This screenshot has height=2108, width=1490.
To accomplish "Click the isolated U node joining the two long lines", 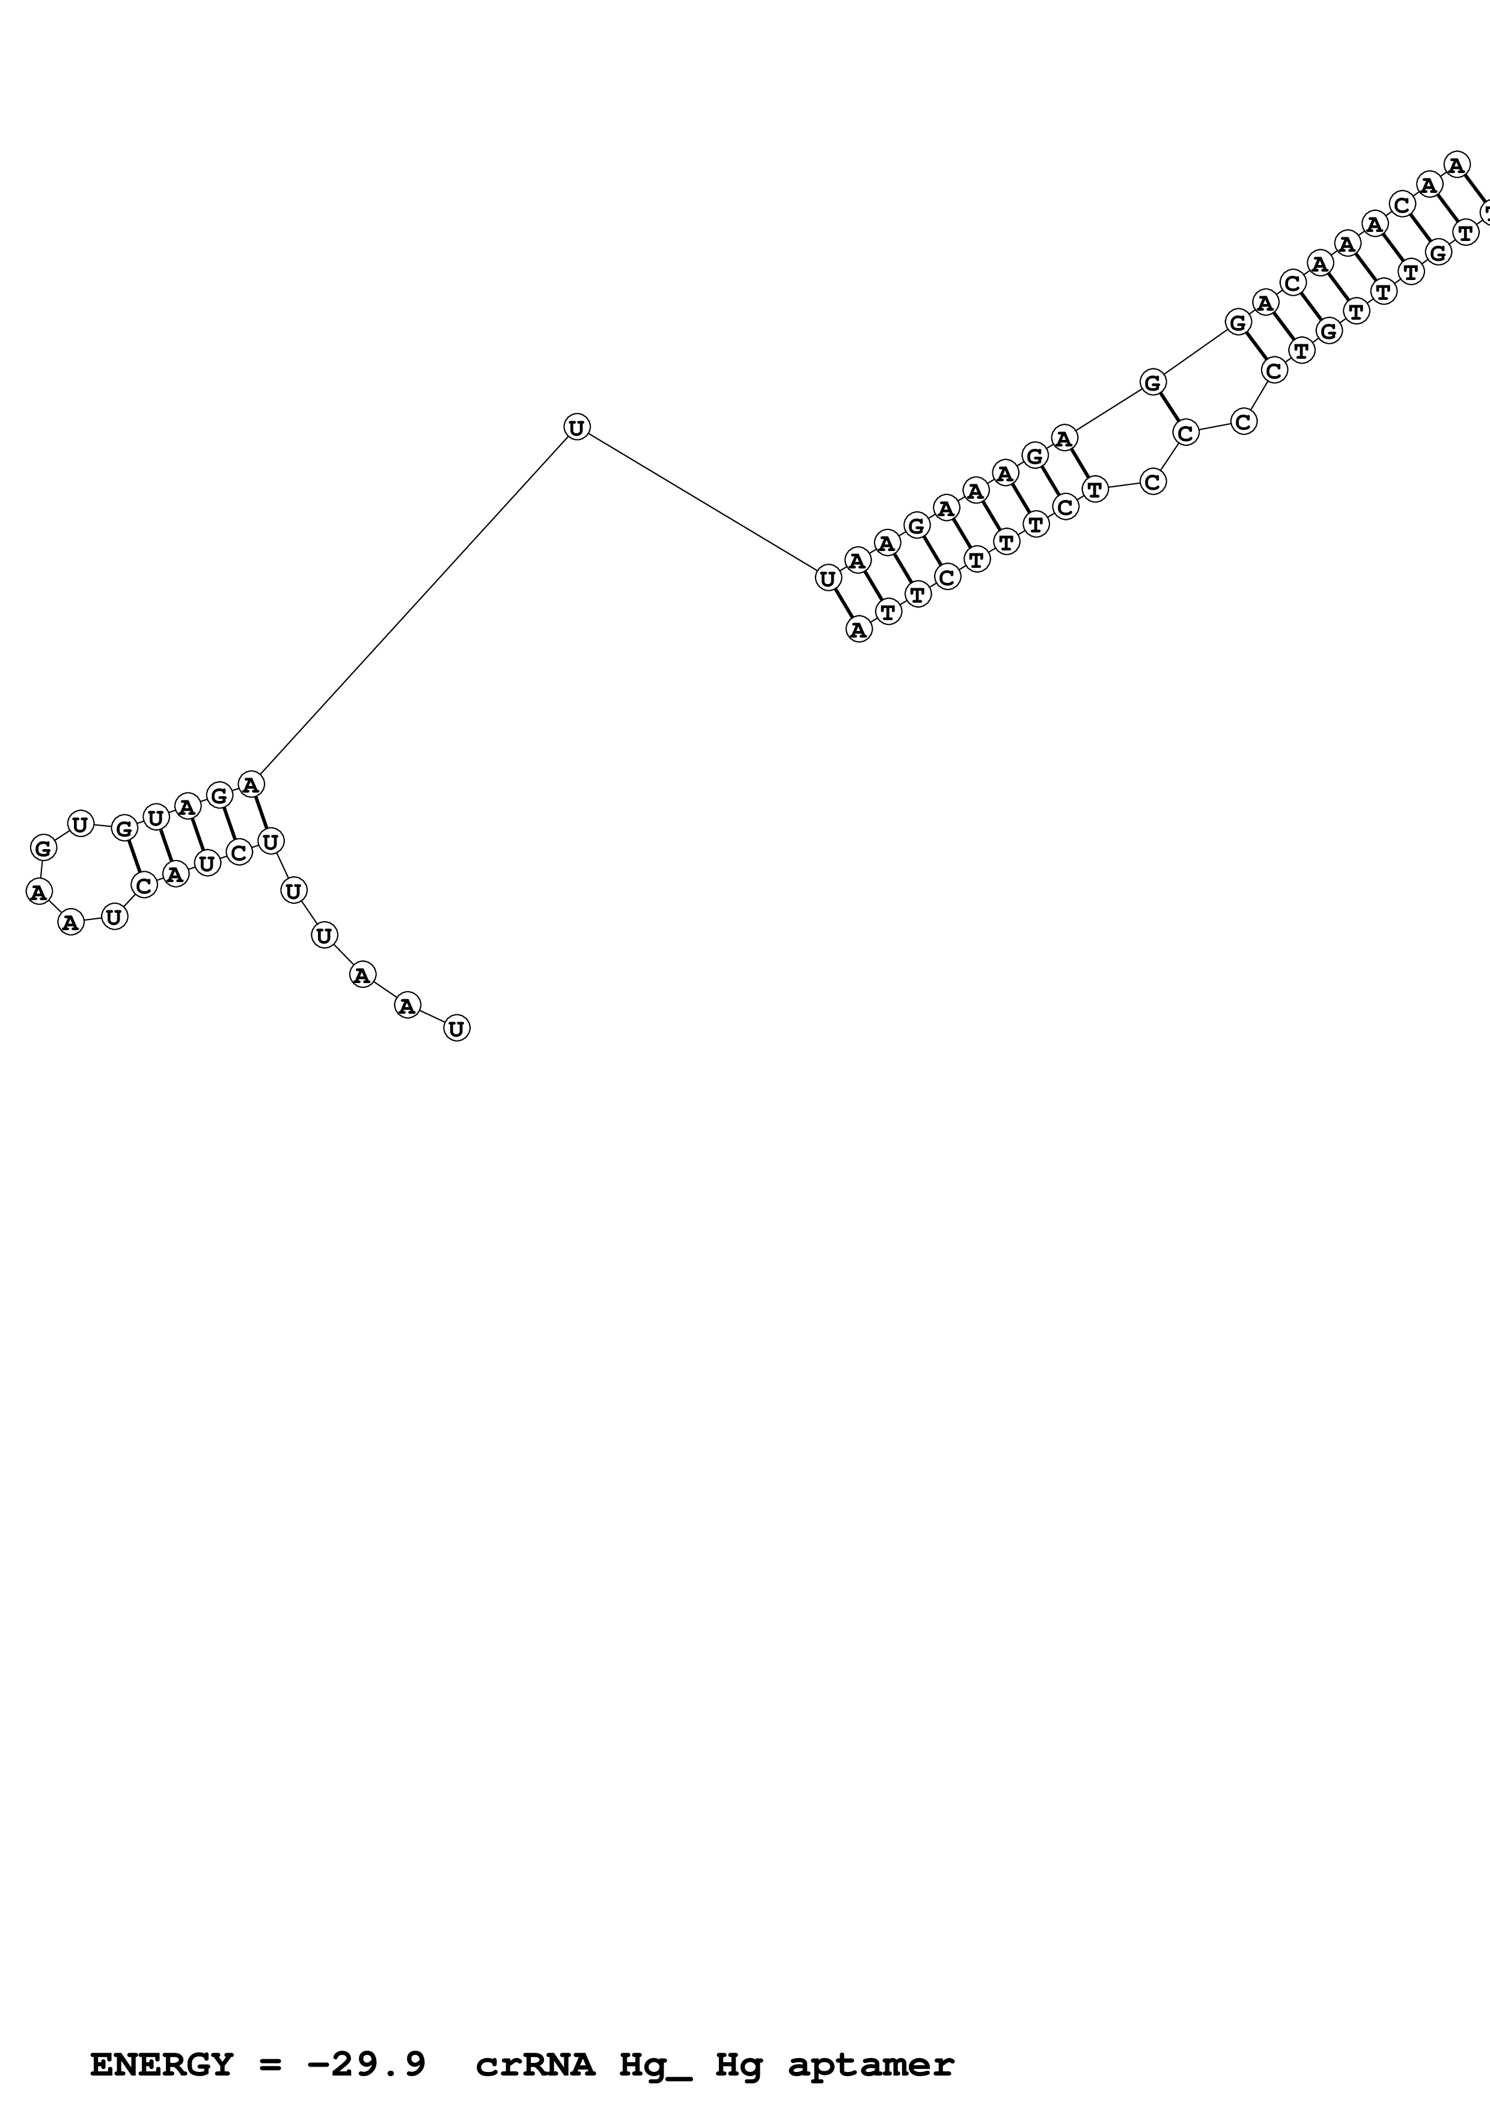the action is click(576, 427).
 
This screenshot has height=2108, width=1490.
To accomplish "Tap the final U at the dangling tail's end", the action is click(456, 1028).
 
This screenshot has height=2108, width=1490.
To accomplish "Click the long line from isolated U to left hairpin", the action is click(413, 606).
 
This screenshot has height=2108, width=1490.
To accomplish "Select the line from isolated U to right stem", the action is click(702, 503).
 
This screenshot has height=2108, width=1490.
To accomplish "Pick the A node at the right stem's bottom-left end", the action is click(858, 630).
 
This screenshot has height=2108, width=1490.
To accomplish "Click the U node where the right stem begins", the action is click(827, 579).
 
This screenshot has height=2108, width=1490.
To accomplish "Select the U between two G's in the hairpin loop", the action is click(80, 824).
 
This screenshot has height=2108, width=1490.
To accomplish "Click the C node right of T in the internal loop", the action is click(1153, 481).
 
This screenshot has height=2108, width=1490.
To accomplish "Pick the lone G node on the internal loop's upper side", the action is click(1153, 382).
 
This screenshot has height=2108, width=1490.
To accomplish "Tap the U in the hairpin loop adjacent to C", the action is click(114, 916).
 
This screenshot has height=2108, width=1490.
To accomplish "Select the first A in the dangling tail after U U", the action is click(362, 975).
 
